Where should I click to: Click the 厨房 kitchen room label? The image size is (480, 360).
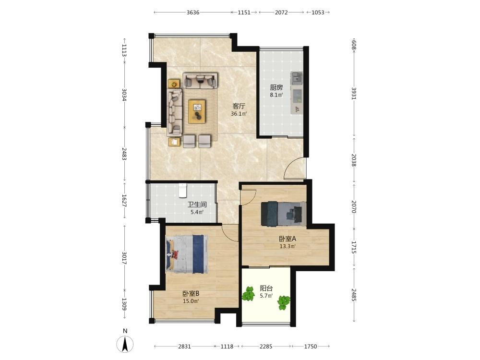276,87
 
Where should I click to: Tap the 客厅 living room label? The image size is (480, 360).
239,106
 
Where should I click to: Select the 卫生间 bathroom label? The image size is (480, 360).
197,204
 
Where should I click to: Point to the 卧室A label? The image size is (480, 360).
287,239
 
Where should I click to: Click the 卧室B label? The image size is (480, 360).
191,293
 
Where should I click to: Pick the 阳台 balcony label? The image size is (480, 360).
266,288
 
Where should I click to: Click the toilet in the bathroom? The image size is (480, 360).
183,190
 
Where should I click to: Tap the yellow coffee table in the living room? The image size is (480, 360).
197,111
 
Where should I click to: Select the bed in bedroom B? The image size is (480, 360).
186,254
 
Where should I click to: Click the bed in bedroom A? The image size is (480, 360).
284,214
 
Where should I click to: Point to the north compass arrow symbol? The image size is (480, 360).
125,344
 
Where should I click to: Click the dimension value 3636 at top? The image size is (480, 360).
193,12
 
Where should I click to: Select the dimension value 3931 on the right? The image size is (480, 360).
354,94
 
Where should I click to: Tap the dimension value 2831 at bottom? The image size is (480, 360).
184,346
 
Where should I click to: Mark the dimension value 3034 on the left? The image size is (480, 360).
124,95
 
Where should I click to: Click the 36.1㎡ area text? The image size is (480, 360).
239,114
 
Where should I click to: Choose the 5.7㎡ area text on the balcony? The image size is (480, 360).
266,296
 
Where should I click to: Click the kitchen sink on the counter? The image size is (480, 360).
296,78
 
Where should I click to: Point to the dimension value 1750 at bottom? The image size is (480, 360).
311,346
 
